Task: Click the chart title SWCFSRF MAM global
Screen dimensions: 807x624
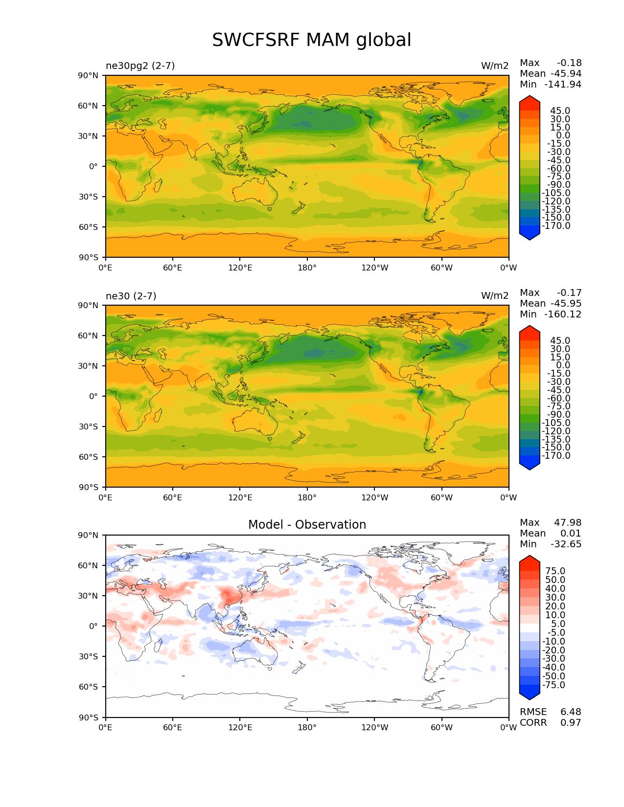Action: click(311, 40)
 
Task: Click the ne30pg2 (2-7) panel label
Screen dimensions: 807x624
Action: click(140, 66)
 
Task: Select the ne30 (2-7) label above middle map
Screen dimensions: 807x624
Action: click(131, 296)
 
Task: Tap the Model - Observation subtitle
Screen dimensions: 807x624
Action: click(307, 525)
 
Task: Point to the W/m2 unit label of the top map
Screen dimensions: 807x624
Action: click(494, 66)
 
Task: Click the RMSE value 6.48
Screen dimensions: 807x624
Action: click(571, 712)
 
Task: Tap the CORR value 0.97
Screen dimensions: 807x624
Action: click(571, 723)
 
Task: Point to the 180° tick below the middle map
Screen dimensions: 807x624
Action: click(307, 498)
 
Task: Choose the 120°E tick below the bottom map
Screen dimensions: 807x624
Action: click(240, 728)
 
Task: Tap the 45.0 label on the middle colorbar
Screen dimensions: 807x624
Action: click(560, 341)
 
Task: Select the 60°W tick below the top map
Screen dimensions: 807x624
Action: click(441, 268)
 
